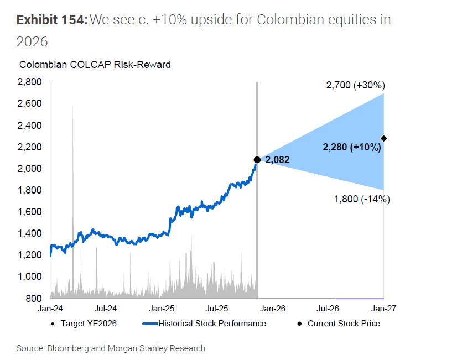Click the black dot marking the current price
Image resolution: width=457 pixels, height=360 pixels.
(257, 160)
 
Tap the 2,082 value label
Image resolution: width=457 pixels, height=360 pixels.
(277, 160)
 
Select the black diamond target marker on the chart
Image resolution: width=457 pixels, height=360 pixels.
(384, 138)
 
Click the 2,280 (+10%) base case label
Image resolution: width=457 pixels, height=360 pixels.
(351, 147)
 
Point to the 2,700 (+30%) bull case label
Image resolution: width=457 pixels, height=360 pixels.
(355, 85)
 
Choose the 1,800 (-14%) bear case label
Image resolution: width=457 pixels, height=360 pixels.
(362, 200)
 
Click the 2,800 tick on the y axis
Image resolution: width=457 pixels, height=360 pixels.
(30, 82)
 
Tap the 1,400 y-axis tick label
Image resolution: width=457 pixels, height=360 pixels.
(30, 233)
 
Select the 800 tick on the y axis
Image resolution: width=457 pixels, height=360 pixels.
(34, 298)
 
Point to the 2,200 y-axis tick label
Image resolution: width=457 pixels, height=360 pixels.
(30, 147)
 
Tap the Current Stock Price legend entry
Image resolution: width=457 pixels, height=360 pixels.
(343, 324)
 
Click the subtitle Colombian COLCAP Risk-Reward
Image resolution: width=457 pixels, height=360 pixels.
(95, 65)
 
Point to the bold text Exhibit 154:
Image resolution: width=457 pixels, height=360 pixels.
(51, 20)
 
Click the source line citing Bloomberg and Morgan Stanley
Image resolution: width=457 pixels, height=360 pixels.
(111, 348)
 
